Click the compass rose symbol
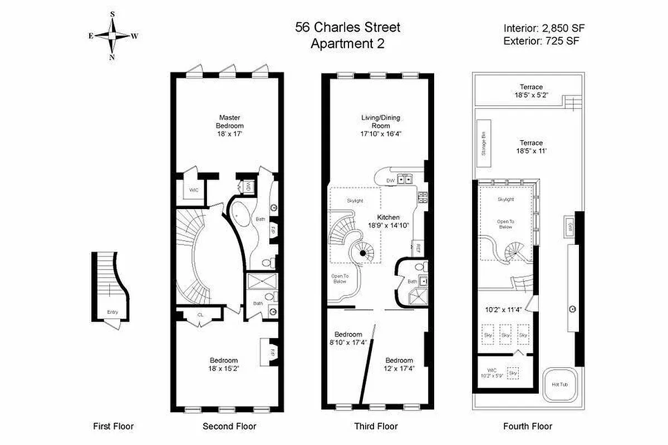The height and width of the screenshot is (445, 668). tap(112, 35)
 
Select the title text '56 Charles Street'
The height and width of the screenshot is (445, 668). tap(347, 27)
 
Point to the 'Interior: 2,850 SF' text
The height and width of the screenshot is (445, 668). tap(544, 28)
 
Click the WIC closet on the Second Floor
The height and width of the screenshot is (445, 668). tap(194, 190)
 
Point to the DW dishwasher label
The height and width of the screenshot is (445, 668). tap(391, 180)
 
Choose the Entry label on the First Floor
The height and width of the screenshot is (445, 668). tap(112, 313)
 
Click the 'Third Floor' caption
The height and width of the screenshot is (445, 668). tap(376, 427)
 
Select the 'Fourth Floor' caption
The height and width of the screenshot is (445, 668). tap(527, 427)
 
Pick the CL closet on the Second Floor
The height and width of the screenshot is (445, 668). tap(200, 315)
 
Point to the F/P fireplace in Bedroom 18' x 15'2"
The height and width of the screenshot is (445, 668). tap(265, 352)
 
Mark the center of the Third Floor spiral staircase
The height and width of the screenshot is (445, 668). tap(362, 254)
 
